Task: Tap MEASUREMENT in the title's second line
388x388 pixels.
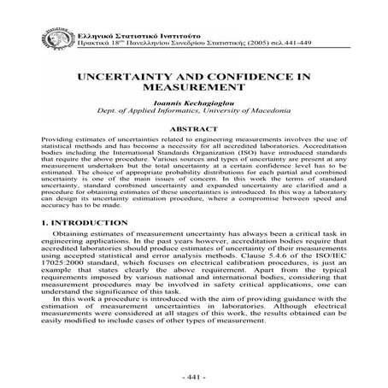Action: pos(193,88)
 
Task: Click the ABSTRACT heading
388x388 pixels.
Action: pos(193,131)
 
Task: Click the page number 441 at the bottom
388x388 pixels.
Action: pos(194,376)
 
